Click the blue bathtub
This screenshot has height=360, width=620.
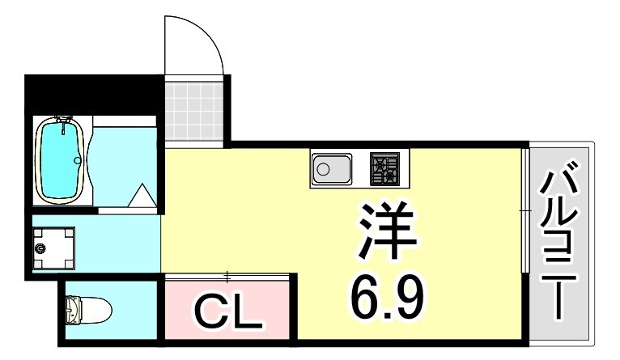[x=62, y=162]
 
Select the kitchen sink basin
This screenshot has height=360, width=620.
[x=330, y=169]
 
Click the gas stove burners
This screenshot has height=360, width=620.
[x=384, y=168]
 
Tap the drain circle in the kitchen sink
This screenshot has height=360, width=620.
[x=323, y=169]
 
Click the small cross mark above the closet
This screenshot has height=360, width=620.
[x=227, y=276]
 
